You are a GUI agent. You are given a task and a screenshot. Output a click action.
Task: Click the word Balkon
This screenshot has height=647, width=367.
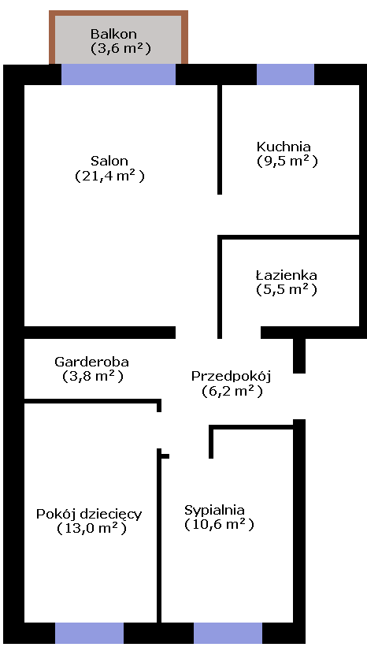pos(113,33)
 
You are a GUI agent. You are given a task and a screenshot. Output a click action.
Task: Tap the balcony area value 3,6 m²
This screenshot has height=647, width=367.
pos(120,48)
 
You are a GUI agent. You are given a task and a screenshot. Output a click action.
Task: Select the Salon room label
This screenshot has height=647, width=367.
pos(109,161)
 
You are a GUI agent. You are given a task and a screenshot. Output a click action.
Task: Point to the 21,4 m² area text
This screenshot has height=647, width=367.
pos(110,176)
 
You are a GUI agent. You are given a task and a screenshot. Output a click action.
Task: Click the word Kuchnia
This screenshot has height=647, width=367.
pos(284,147)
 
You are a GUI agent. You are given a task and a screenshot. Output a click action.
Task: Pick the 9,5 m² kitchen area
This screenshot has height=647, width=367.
pos(287,161)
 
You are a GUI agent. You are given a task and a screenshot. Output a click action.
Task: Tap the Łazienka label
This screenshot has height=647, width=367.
pos(286,275)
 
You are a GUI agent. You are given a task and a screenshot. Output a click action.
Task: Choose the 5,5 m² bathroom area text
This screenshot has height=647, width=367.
pos(287,290)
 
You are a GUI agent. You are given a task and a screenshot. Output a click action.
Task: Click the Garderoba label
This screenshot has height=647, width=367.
pos(91,362)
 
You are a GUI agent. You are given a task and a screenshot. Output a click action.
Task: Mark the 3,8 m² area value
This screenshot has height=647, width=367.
pos(93,377)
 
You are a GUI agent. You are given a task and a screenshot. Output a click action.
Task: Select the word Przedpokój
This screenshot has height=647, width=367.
pos(231,377)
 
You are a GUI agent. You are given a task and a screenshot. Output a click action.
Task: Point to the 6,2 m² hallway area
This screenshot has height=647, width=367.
pos(232,391)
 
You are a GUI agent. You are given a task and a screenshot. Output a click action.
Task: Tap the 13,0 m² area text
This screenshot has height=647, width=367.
pos(91,528)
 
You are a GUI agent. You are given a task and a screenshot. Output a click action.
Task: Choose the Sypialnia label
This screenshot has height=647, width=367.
pos(214,511)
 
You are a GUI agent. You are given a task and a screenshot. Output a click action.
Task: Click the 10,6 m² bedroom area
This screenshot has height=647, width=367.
pos(219,524)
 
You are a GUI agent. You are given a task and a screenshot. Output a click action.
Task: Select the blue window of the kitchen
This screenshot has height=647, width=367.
pos(285,74)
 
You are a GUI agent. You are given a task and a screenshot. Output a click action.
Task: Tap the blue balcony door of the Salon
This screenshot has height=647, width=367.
pos(119,74)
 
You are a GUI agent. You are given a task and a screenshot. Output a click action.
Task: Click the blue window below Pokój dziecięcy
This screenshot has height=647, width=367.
pos(89,633)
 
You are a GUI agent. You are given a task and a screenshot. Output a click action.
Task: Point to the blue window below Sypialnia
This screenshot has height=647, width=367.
pos(228,633)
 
